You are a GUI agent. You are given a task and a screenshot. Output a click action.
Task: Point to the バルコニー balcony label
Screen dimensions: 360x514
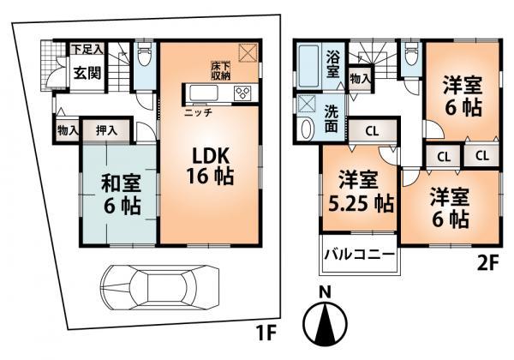359,255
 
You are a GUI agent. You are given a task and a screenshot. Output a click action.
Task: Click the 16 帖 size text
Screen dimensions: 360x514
209,179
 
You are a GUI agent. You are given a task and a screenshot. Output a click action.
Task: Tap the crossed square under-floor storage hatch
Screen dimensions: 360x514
249,53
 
